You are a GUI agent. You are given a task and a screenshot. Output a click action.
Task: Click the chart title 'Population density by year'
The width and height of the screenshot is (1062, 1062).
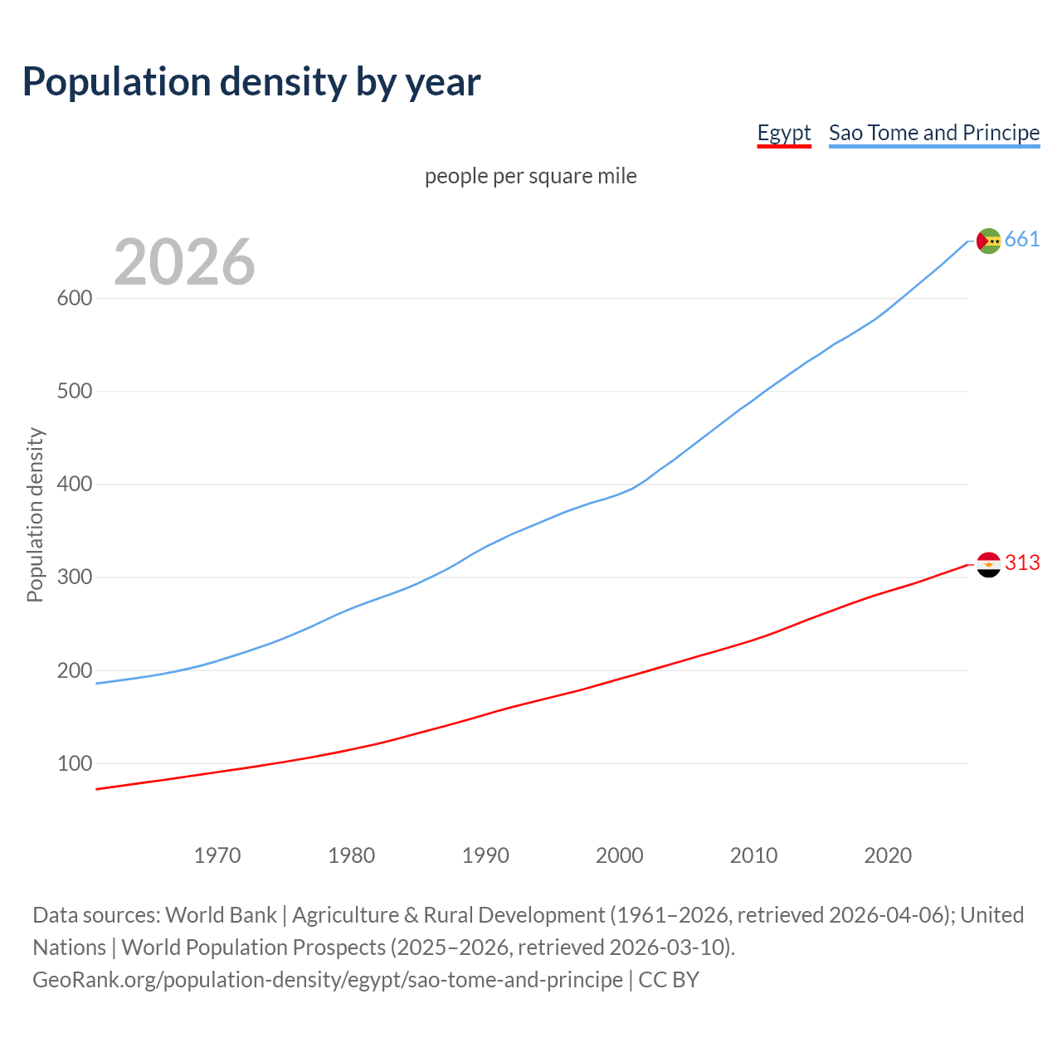(x=251, y=82)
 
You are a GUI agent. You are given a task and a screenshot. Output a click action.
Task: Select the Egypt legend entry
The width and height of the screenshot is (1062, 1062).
(x=784, y=133)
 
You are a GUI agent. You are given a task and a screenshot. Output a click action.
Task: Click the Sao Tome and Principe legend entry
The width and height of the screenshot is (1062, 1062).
(x=934, y=133)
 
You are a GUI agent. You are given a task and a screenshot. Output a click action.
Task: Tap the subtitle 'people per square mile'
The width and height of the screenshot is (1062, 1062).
(x=531, y=177)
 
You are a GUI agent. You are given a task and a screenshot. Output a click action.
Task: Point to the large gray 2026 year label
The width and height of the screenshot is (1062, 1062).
(x=184, y=262)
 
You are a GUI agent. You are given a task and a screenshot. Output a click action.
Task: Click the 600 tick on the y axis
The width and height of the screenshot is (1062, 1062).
(x=75, y=299)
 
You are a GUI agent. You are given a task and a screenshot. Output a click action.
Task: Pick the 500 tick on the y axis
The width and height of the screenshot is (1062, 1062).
(x=75, y=392)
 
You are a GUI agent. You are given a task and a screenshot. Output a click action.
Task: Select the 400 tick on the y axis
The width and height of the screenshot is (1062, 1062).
(x=75, y=485)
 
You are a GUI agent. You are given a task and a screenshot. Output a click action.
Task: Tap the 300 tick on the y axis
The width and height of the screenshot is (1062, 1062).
(x=75, y=577)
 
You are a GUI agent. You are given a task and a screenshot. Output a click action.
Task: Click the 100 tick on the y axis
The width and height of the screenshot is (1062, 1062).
(x=75, y=763)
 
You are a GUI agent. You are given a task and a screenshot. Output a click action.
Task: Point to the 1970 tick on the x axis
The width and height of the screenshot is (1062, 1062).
(x=217, y=855)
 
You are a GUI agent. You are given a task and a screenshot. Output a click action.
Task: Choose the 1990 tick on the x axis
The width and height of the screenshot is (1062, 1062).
(x=485, y=855)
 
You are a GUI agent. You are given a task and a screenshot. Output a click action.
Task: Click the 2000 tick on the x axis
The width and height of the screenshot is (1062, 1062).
(x=620, y=855)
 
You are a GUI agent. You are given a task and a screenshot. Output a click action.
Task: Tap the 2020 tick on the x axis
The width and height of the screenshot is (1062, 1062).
(x=888, y=855)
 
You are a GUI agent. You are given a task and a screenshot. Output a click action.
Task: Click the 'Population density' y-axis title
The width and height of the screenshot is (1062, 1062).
(x=35, y=514)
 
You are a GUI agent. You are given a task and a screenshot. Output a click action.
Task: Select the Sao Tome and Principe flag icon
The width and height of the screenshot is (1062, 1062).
(x=988, y=241)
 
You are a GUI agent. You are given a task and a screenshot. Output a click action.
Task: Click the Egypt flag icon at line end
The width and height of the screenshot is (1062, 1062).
(x=988, y=564)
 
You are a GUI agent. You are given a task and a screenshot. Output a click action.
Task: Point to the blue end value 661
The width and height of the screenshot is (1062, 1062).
(x=1022, y=240)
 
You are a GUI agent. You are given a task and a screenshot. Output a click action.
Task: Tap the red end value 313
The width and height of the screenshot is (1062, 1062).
(x=1022, y=563)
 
